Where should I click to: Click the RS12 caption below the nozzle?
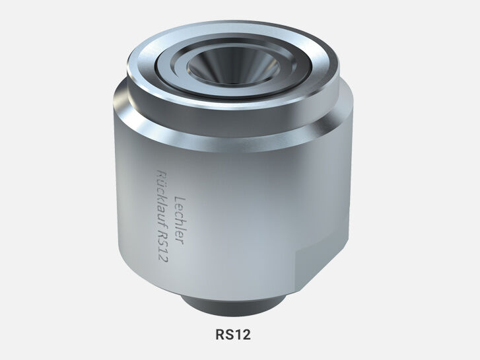tap(233, 334)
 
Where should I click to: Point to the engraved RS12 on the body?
tap(158, 252)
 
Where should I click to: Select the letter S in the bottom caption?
tap(229, 334)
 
